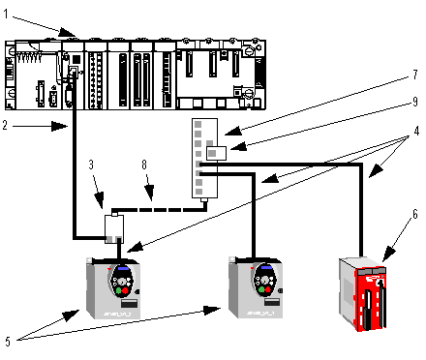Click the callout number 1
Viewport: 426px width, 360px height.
click(x=6, y=14)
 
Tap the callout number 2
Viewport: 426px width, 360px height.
click(x=5, y=125)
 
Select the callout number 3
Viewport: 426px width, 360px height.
click(x=91, y=165)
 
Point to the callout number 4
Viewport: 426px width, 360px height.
click(x=416, y=131)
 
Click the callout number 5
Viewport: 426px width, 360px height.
click(x=8, y=341)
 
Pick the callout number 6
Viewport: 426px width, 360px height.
click(x=415, y=214)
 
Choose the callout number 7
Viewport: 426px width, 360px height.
click(x=415, y=75)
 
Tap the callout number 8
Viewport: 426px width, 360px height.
click(x=144, y=165)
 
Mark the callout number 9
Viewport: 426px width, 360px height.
click(x=415, y=102)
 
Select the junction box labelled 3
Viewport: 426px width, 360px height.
click(x=114, y=228)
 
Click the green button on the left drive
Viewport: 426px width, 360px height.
click(x=118, y=290)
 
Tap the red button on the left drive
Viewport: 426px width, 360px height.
click(x=125, y=291)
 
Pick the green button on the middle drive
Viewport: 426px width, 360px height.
click(x=261, y=290)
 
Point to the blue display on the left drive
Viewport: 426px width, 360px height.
click(x=123, y=268)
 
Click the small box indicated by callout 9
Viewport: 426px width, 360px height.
click(x=216, y=153)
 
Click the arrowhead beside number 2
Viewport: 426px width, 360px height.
click(x=60, y=126)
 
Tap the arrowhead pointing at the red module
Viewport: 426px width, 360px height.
click(x=389, y=254)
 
